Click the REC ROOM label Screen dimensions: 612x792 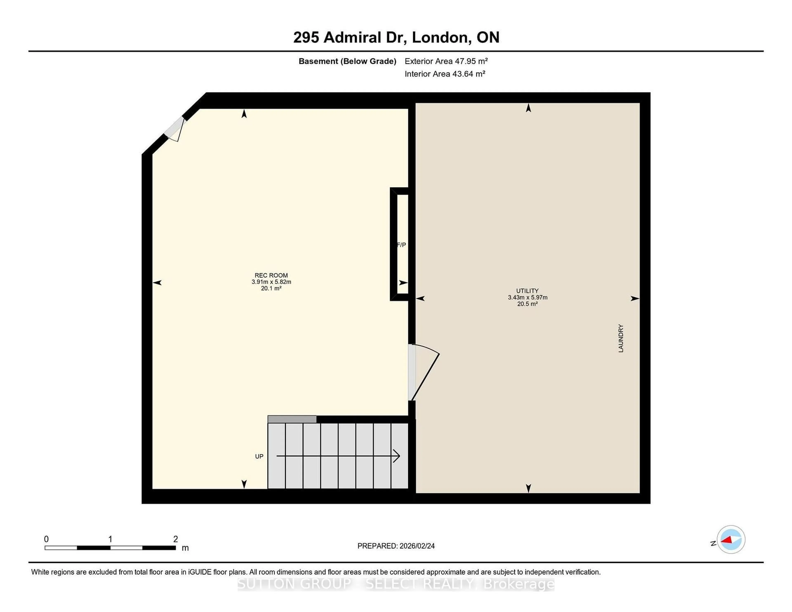271,275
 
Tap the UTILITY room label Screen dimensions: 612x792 527,291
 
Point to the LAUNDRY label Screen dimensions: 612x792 621,338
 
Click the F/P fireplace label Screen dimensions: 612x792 401,245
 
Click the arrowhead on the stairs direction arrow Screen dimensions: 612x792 397,456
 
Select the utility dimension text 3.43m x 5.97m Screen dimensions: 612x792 527,297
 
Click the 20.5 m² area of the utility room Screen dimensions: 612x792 527,304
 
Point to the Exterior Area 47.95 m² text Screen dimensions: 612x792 446,61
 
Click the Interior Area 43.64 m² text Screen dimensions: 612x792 445,74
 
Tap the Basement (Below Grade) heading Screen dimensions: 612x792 347,61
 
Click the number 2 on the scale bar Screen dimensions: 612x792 176,539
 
